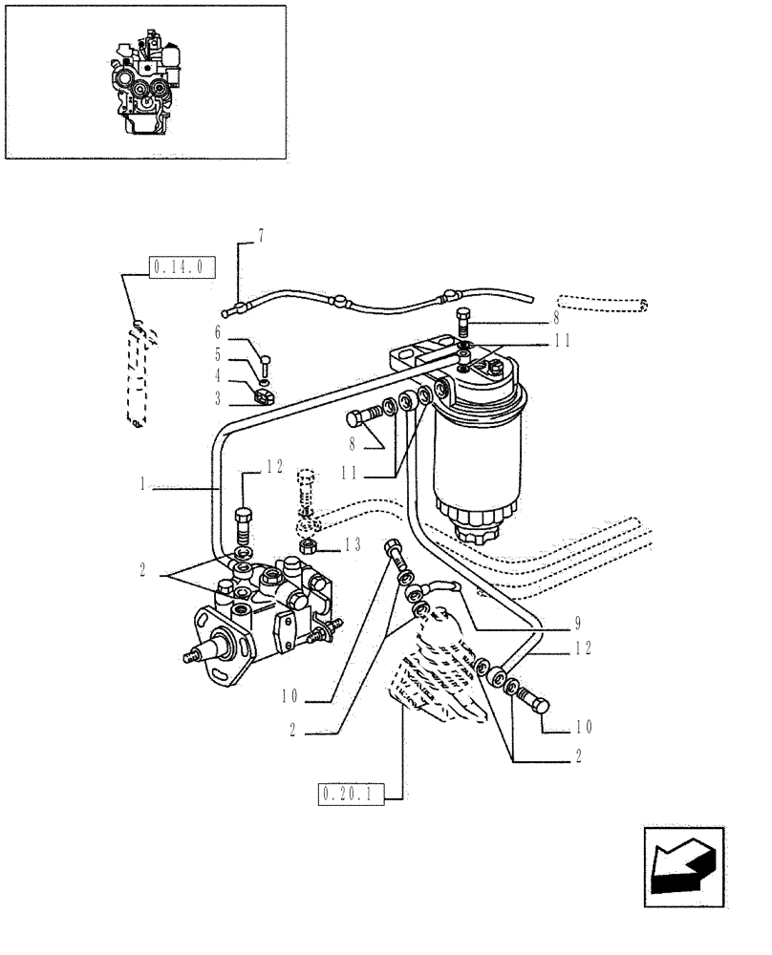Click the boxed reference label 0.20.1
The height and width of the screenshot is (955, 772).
[349, 793]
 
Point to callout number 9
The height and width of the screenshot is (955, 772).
[578, 627]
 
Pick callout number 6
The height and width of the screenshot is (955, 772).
[218, 332]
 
